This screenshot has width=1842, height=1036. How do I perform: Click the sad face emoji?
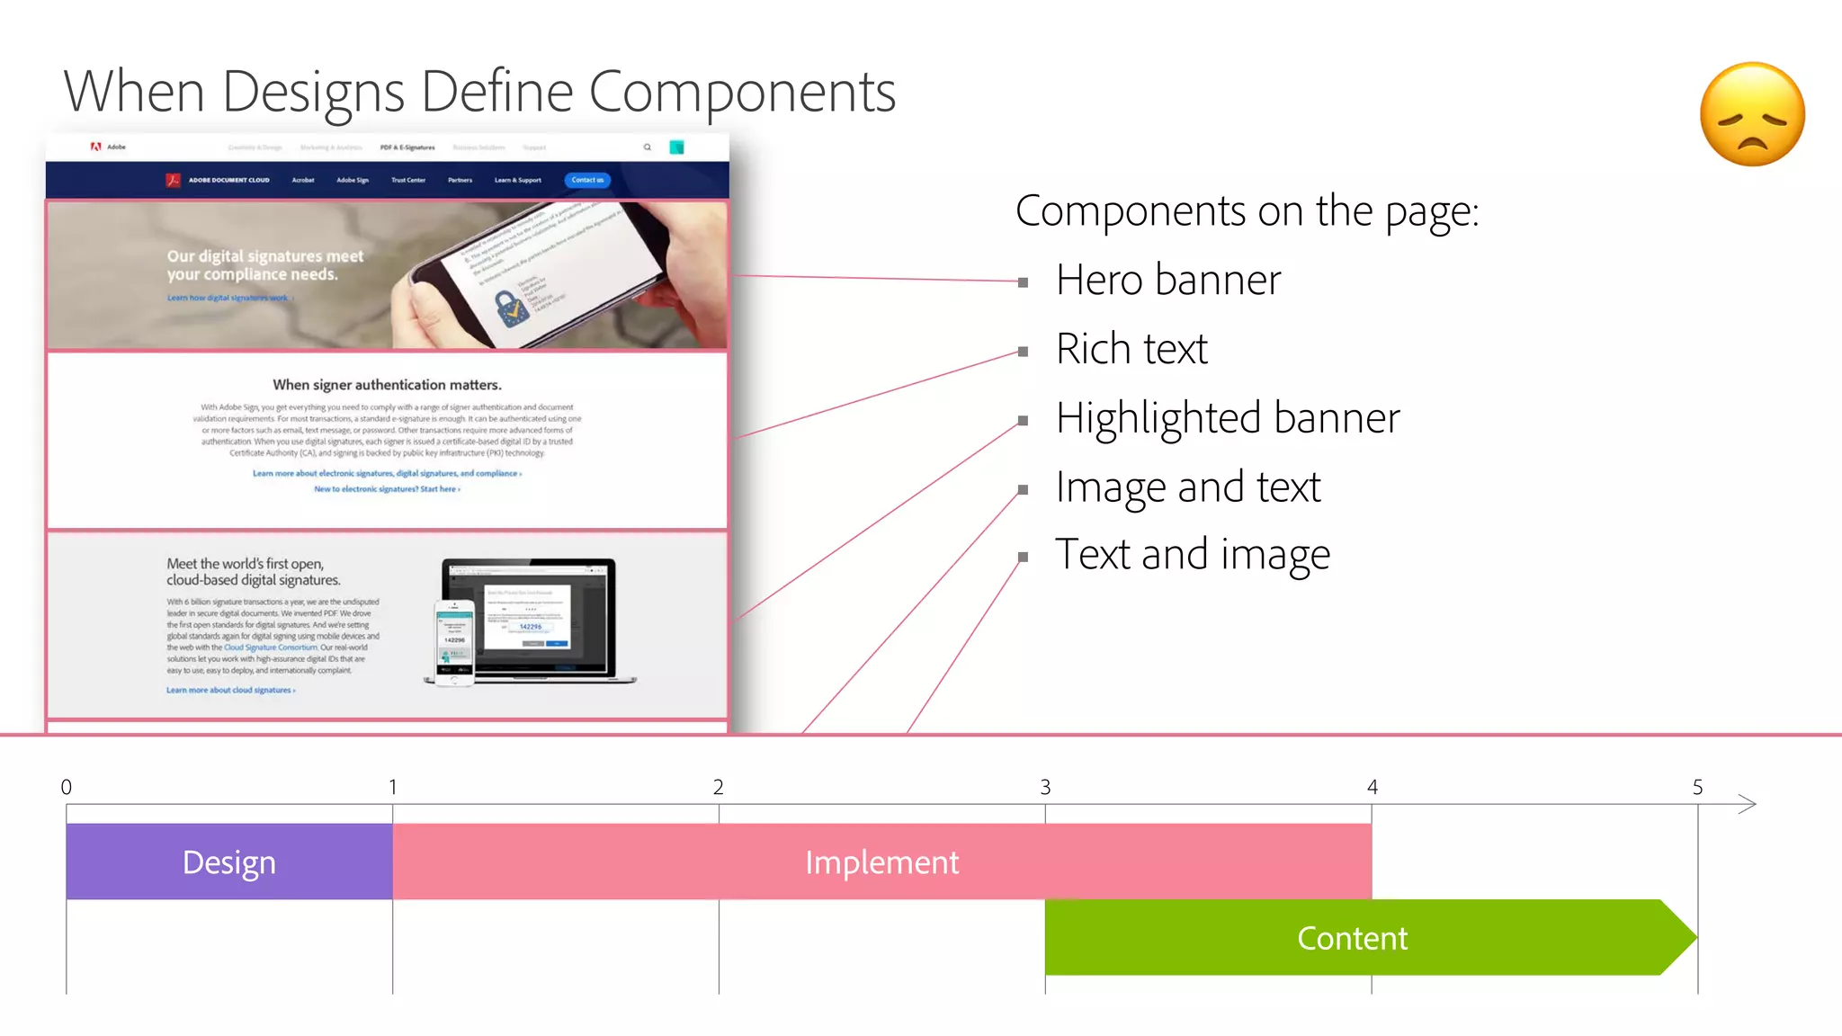[x=1752, y=114]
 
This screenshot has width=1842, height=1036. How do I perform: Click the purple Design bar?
[x=229, y=862]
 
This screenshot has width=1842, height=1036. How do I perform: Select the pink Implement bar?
[x=881, y=862]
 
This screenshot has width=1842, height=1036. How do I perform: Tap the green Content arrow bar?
[x=1352, y=938]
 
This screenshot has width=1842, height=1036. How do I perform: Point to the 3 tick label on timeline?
[x=1045, y=787]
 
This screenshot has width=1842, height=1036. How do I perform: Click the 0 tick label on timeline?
[x=67, y=787]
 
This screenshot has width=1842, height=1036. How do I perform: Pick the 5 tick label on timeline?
[x=1697, y=787]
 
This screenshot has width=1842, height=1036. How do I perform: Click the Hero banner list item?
[x=1167, y=280]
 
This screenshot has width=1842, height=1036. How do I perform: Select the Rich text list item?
[x=1131, y=349]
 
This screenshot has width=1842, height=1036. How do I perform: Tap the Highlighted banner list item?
[x=1228, y=418]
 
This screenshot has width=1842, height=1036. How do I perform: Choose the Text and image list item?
[x=1192, y=554]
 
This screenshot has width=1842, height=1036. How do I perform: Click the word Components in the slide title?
[x=742, y=92]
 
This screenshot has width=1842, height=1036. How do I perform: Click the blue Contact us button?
[x=587, y=180]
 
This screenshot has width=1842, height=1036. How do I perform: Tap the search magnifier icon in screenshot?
[x=647, y=147]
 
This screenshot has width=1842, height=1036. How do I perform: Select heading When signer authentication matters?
[x=387, y=385]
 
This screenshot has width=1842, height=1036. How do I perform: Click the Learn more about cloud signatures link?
[x=230, y=690]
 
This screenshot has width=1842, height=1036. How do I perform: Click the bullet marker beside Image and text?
[x=1023, y=490]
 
